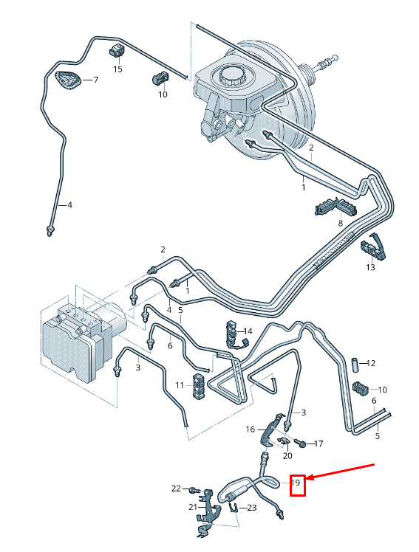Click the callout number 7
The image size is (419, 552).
coord(95,80)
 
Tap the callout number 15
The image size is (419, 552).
coord(117,69)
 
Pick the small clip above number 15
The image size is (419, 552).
coord(117,51)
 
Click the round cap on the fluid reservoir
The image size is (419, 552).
coord(234,76)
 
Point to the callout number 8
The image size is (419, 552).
coord(340,222)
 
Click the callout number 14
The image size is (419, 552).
coord(248,332)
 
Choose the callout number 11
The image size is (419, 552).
coord(180,385)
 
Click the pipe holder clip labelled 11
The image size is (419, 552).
coord(200,385)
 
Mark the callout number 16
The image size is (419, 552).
coord(251,429)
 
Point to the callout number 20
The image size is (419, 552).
coord(287,455)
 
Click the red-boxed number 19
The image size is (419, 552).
coord(296,484)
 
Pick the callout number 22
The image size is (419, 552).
coord(176,489)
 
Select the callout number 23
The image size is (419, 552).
coord(251,507)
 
